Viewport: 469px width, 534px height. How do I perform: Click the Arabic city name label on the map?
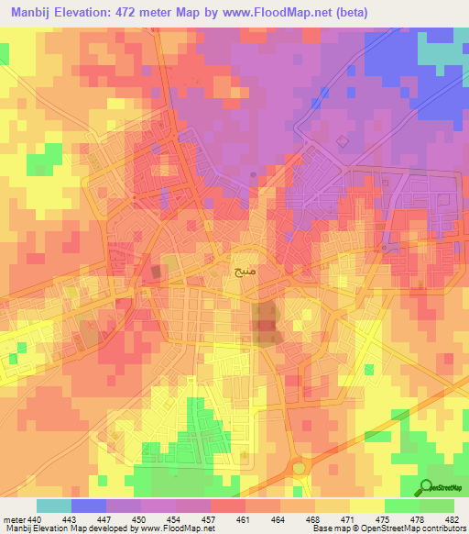[243, 273]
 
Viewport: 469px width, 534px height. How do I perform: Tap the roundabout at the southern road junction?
[299, 468]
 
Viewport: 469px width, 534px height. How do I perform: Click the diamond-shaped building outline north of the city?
[342, 140]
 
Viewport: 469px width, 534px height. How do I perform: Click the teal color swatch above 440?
[53, 506]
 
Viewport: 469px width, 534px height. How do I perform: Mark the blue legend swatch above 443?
[88, 506]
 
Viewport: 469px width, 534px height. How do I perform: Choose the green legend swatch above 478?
[401, 506]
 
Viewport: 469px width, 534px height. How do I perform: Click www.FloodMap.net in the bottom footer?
[170, 529]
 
